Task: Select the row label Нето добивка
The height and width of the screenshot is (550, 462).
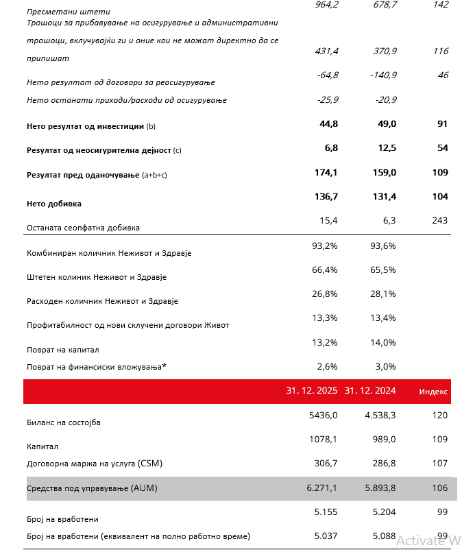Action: coord(54,204)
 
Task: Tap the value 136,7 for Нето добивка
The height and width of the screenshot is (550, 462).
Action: coord(324,196)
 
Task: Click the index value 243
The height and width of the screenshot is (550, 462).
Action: coord(439,220)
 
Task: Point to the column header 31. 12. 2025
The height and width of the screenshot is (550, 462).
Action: coord(311,391)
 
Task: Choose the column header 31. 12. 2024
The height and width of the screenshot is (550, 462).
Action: coord(370,391)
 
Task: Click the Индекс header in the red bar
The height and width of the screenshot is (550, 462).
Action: coord(433,392)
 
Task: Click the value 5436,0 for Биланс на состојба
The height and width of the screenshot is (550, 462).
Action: coord(324,415)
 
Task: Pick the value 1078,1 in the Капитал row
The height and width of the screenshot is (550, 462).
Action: coord(324,439)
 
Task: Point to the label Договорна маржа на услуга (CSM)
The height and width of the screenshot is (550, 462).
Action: coord(94,464)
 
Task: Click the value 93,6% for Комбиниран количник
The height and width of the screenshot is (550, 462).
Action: coord(382,246)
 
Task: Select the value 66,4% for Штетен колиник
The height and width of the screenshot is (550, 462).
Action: coord(325,270)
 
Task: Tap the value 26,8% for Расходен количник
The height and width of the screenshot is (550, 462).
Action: coord(325,294)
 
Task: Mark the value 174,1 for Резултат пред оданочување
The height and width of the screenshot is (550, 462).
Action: coord(324,172)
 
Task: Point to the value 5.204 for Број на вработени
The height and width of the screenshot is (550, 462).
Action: coord(382,512)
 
